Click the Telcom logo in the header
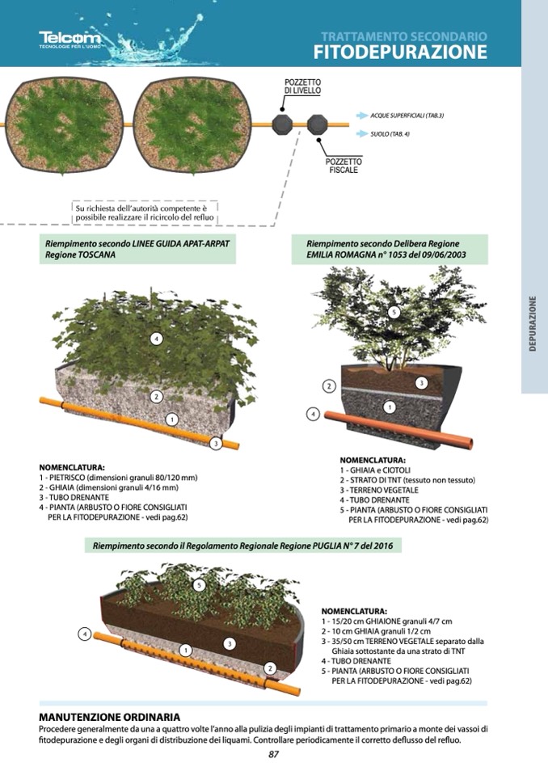coord(70,40)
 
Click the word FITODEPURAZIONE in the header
coord(400,52)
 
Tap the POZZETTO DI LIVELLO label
coord(302,86)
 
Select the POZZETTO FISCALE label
coord(344,166)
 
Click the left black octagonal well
coord(282,124)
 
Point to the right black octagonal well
coord(317,124)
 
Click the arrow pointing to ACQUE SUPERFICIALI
coord(362,116)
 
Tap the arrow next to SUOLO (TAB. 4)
coord(362,134)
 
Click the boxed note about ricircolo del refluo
coord(145,213)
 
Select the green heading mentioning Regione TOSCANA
coord(137,249)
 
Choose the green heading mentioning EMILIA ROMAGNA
coord(390,249)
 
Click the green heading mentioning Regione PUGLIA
coord(242,545)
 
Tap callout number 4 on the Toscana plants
coord(156,339)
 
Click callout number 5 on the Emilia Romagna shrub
coord(394,312)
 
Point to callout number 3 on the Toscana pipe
coord(216,444)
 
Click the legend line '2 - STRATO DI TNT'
coord(407,480)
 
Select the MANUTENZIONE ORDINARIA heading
coord(109,717)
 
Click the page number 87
coord(274,754)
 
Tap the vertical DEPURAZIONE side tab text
coord(533,323)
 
